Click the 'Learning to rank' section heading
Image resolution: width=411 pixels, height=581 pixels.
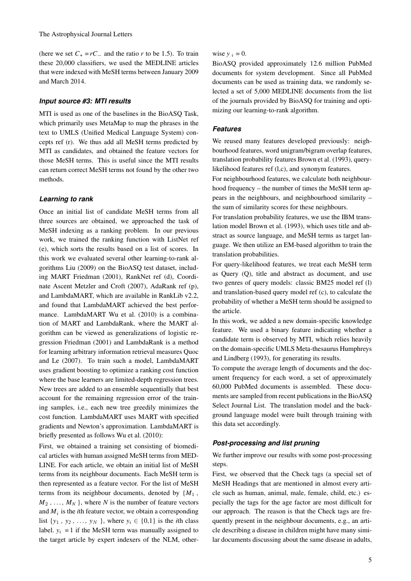[x=66, y=199]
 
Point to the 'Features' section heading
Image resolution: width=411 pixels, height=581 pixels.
[x=227, y=129]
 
